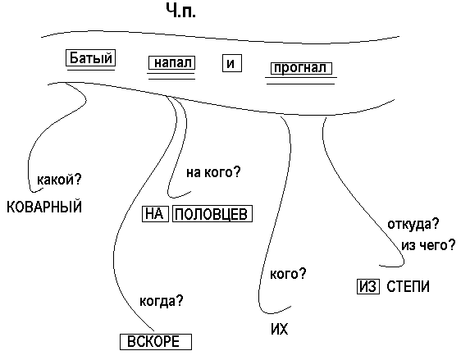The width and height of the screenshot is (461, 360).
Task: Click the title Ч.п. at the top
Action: click(180, 11)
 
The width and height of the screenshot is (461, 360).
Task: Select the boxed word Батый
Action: click(90, 58)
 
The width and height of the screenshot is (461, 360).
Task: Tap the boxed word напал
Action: click(171, 63)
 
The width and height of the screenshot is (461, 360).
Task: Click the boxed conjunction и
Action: click(232, 63)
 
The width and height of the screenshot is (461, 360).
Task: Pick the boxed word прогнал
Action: click(301, 68)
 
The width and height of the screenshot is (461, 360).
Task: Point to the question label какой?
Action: click(59, 179)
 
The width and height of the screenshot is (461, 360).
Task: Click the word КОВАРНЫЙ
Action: click(44, 207)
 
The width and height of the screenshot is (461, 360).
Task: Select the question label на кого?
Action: click(213, 172)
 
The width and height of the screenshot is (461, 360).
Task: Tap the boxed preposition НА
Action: click(155, 214)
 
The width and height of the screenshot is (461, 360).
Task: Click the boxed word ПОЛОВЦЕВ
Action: click(212, 214)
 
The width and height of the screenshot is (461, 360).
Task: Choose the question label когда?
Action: click(161, 301)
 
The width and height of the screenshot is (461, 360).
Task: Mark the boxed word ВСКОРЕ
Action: click(156, 342)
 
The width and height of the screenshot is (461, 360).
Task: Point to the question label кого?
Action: click(288, 274)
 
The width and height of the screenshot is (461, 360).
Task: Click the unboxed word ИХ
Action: click(279, 329)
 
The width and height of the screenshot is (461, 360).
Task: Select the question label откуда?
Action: click(413, 224)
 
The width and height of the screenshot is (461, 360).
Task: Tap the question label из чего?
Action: click(428, 245)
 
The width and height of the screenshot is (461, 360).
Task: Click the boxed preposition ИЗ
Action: click(368, 286)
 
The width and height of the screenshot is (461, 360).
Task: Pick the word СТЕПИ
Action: click(408, 286)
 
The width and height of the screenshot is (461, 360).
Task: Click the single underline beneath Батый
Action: click(91, 70)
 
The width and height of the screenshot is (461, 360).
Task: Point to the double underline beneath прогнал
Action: click(301, 81)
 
